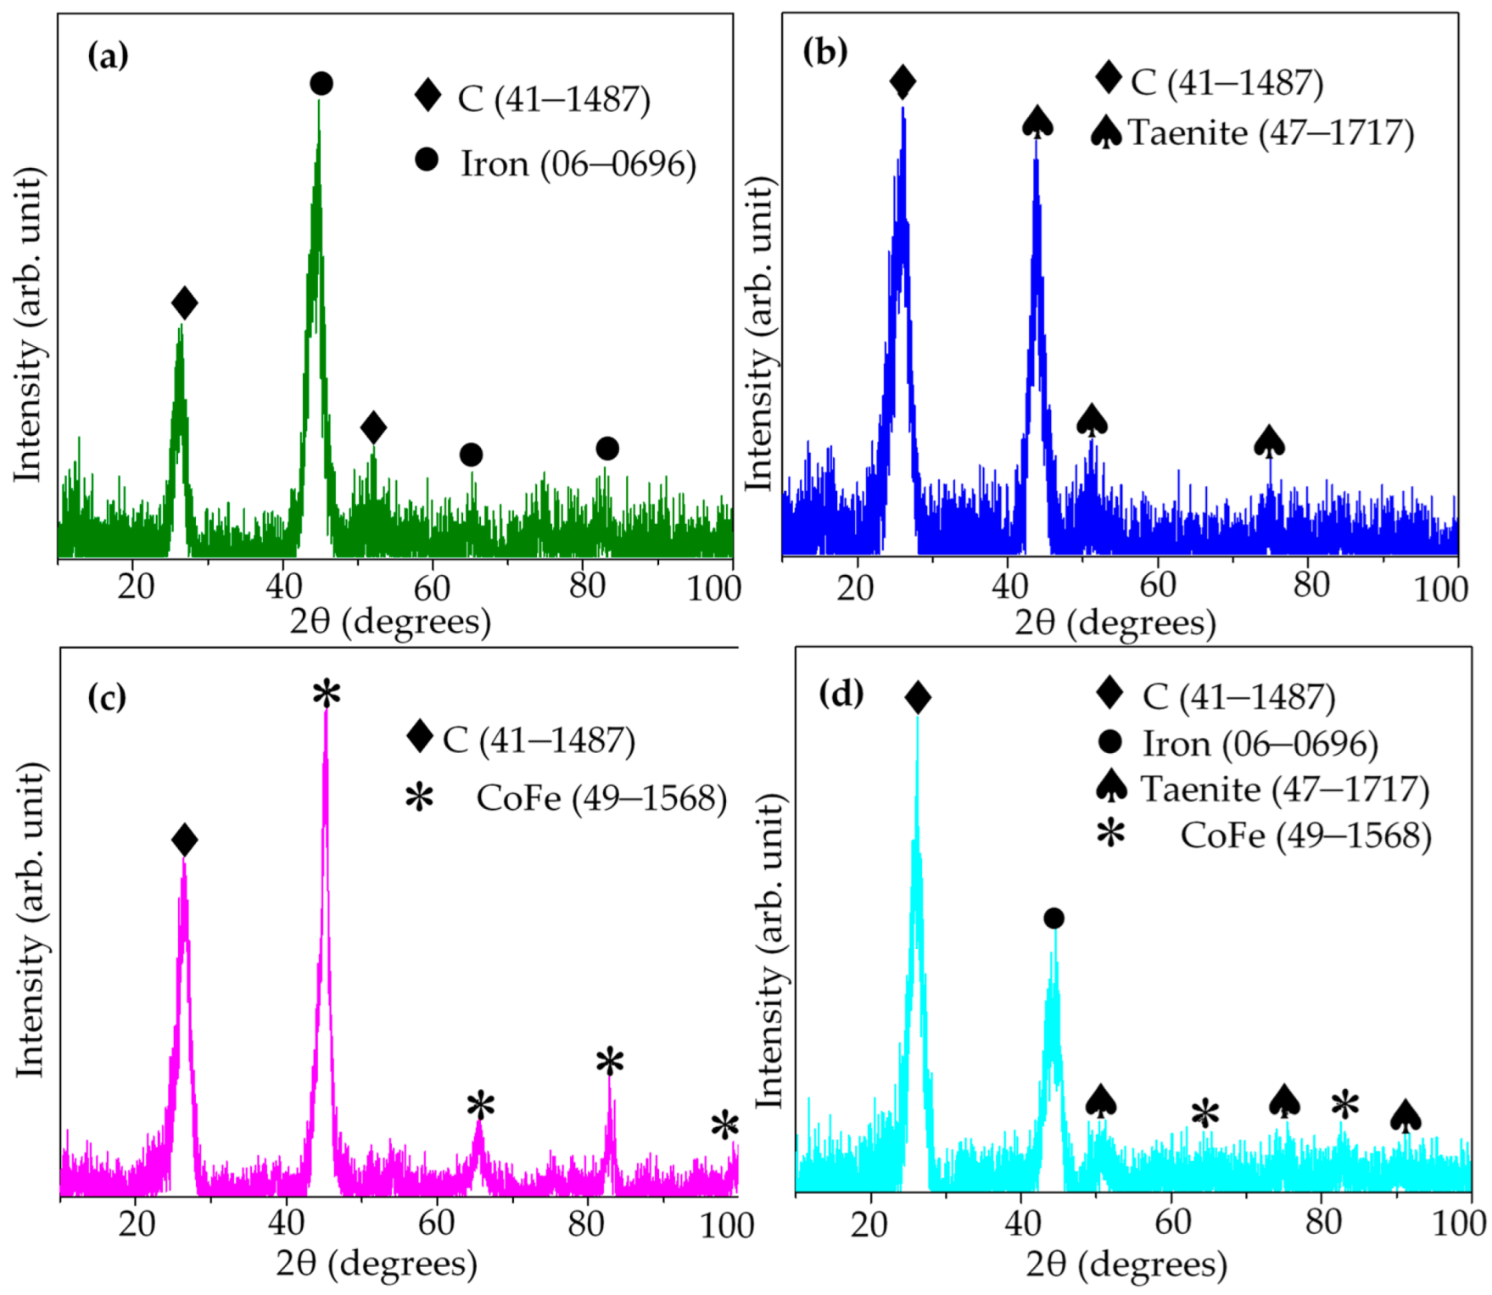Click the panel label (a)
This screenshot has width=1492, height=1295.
pos(108,58)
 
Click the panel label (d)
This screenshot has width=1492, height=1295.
pos(841,694)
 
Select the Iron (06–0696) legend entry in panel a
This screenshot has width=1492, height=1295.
pos(577,164)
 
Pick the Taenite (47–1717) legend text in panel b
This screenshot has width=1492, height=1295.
pos(1271,133)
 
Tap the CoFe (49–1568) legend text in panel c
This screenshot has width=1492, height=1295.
pos(601,798)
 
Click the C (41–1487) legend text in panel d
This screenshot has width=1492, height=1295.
pos(1238,696)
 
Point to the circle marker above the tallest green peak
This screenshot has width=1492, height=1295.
pos(321,83)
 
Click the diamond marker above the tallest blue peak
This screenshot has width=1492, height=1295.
pos(902,81)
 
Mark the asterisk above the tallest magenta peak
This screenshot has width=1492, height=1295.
pos(327,695)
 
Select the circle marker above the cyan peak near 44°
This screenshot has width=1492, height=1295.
pos(1053,918)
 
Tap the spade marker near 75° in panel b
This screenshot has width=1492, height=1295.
pos(1269,442)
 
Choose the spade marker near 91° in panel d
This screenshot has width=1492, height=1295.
pos(1405,1116)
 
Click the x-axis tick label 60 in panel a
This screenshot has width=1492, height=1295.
pos(433,587)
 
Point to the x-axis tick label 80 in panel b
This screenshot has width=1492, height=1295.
pos(1310,584)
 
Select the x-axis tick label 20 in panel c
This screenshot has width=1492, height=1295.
pos(136,1224)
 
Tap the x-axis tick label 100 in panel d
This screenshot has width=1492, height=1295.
pos(1458,1223)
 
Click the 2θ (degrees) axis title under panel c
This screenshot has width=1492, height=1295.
pos(377,1263)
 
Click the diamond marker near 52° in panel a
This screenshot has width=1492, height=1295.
pos(373,427)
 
